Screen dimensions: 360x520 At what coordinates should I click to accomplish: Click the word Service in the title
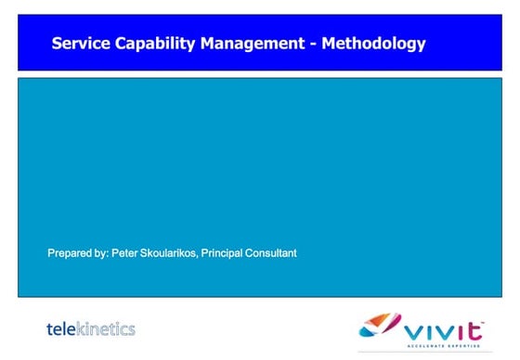pyautogui.click(x=79, y=43)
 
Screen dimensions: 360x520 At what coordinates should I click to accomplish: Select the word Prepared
pyautogui.click(x=69, y=253)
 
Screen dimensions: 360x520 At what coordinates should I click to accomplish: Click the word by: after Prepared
pyautogui.click(x=102, y=253)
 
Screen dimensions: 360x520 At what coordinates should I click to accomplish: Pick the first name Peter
pyautogui.click(x=128, y=253)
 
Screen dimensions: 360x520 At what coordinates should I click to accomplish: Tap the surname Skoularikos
pyautogui.click(x=174, y=253)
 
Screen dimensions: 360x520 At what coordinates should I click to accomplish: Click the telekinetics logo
pyautogui.click(x=91, y=328)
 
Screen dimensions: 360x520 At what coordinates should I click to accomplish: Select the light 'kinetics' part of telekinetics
pyautogui.click(x=106, y=328)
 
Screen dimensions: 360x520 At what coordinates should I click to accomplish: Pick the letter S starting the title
pyautogui.click(x=57, y=43)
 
